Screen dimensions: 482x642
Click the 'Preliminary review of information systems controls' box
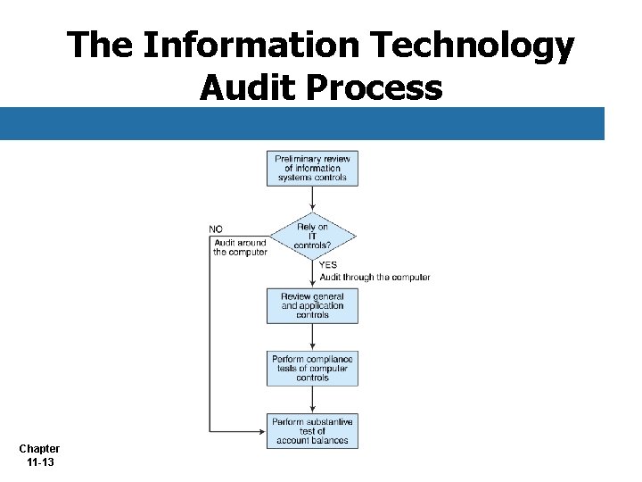[312, 168]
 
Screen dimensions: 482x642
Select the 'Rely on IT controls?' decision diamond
[312, 236]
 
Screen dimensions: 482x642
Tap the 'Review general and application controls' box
[312, 305]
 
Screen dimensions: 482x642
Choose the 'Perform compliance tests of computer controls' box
[312, 368]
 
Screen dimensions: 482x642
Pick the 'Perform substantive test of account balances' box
[312, 430]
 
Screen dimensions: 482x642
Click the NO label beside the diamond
[216, 229]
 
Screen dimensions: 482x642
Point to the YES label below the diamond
[328, 265]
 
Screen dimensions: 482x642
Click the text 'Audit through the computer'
[374, 278]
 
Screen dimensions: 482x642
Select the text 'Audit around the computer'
[240, 247]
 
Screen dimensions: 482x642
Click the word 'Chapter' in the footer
[39, 449]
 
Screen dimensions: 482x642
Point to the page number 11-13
[39, 462]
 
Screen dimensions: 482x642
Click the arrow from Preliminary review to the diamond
[312, 198]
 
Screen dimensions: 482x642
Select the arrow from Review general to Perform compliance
[312, 337]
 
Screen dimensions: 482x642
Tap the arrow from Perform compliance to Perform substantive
[312, 399]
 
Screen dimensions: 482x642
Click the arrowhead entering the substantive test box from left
[261, 431]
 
